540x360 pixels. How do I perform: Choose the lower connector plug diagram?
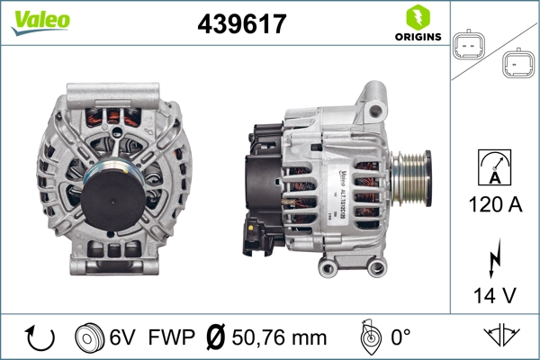[517, 63]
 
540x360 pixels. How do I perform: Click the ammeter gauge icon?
[493, 166]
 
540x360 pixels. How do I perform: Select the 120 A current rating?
[493, 204]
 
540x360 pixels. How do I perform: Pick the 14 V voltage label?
[493, 295]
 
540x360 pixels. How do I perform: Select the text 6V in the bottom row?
[122, 339]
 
